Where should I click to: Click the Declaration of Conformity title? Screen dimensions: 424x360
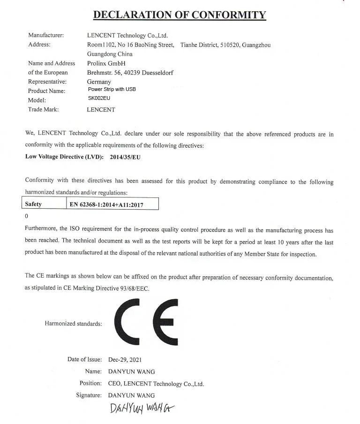pos(180,15)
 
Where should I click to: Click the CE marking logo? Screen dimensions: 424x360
pos(146,322)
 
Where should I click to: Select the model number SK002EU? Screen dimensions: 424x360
pos(98,98)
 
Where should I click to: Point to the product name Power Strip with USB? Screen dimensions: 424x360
pos(112,89)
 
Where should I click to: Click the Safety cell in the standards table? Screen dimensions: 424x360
pos(33,204)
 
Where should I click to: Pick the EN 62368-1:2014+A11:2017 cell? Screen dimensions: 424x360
pos(106,204)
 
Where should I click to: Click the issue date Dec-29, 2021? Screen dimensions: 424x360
pos(125,360)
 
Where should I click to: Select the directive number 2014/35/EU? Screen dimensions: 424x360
pos(125,157)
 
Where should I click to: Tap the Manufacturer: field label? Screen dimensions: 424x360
pos(46,35)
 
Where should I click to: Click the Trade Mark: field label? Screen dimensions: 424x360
pos(44,109)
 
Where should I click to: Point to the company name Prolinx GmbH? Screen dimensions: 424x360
pos(106,63)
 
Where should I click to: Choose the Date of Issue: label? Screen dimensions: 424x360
pos(84,360)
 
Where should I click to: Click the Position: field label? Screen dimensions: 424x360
pos(90,383)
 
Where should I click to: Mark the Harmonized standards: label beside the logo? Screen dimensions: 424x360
pos(73,324)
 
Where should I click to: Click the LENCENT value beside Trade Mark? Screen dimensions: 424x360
pos(101,109)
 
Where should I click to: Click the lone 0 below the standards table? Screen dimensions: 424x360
pos(26,216)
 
